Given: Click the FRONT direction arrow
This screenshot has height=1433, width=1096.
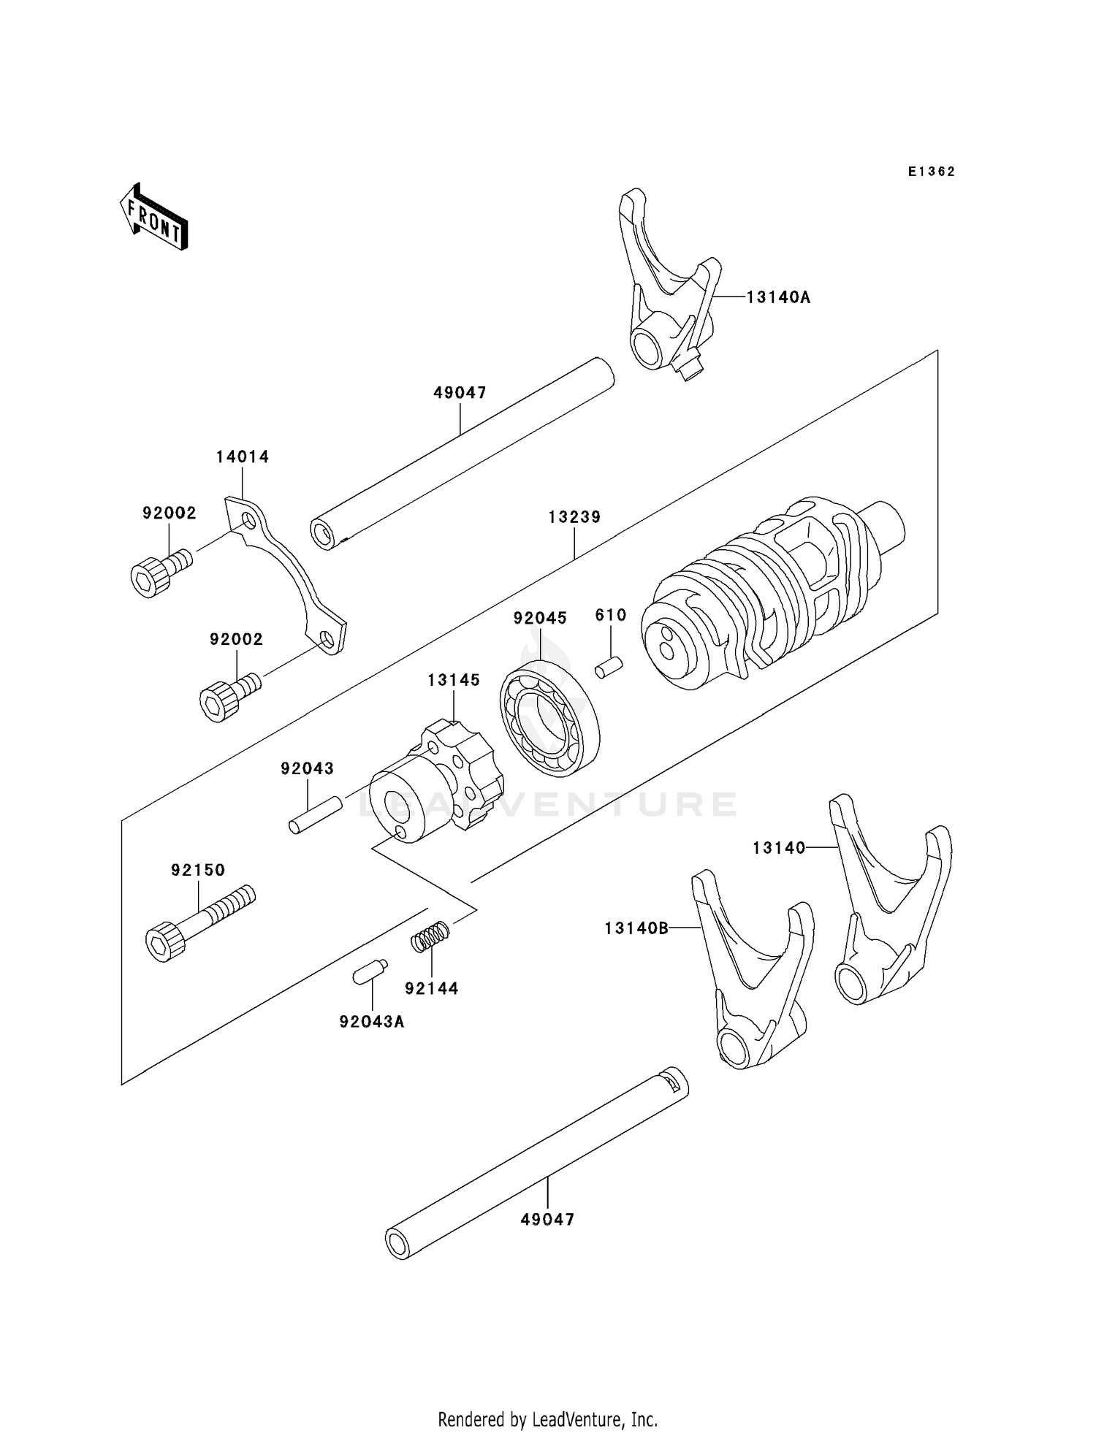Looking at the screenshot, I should click(x=154, y=218).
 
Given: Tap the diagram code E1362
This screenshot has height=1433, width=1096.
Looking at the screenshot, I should click(x=932, y=172).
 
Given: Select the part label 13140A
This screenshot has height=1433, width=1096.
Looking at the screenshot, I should click(x=778, y=297).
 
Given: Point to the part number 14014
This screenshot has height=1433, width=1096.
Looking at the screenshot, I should click(x=243, y=457).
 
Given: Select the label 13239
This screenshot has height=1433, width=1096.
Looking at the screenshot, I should click(x=574, y=517).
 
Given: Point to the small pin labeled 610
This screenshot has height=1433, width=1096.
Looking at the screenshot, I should click(x=608, y=668).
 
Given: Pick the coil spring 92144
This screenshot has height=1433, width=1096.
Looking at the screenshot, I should click(x=430, y=937).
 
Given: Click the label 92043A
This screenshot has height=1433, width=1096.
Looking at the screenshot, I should click(x=371, y=1022).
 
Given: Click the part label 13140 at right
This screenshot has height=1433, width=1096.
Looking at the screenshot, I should click(x=779, y=847).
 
